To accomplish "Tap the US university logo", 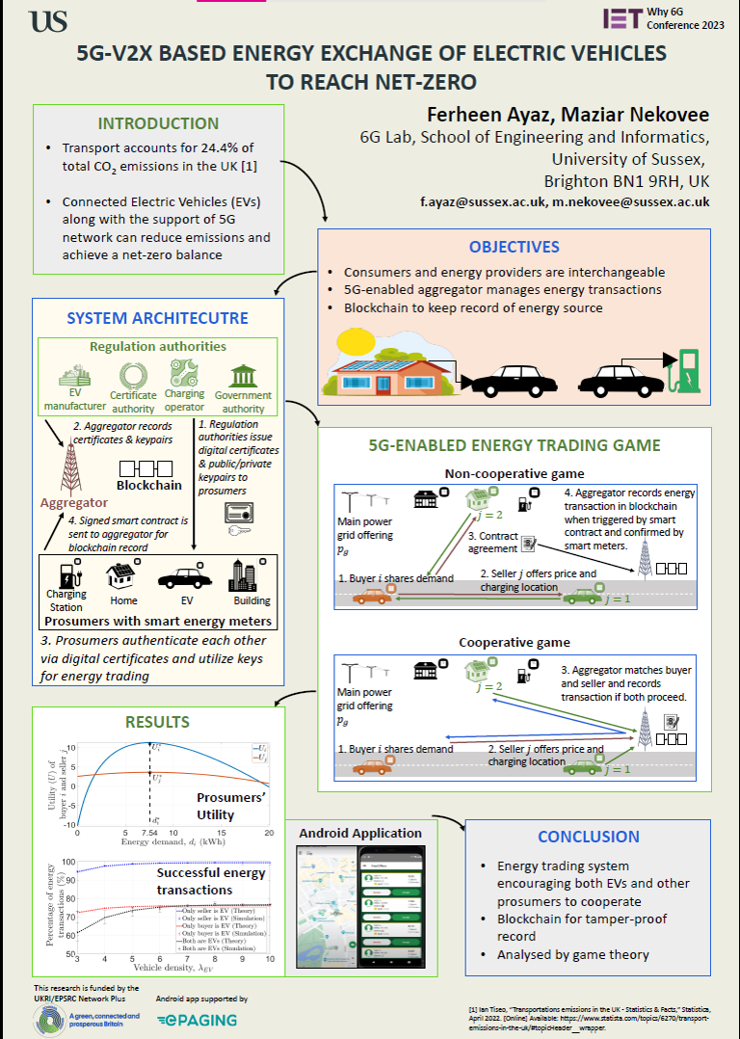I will (x=49, y=21).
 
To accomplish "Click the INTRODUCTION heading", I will (x=158, y=123).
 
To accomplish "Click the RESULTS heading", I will (x=158, y=722).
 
